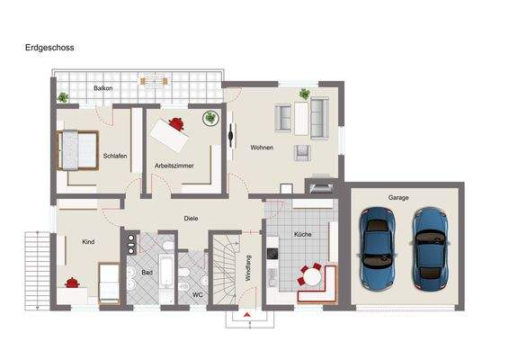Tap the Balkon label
tap(103, 88)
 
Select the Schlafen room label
tap(115, 156)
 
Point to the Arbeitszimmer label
tap(174, 166)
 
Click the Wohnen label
tap(262, 148)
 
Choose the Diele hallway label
tap(190, 218)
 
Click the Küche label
tap(302, 234)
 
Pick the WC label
tap(198, 294)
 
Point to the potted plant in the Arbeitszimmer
tap(210, 117)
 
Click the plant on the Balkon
tap(63, 97)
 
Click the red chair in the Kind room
tap(72, 283)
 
